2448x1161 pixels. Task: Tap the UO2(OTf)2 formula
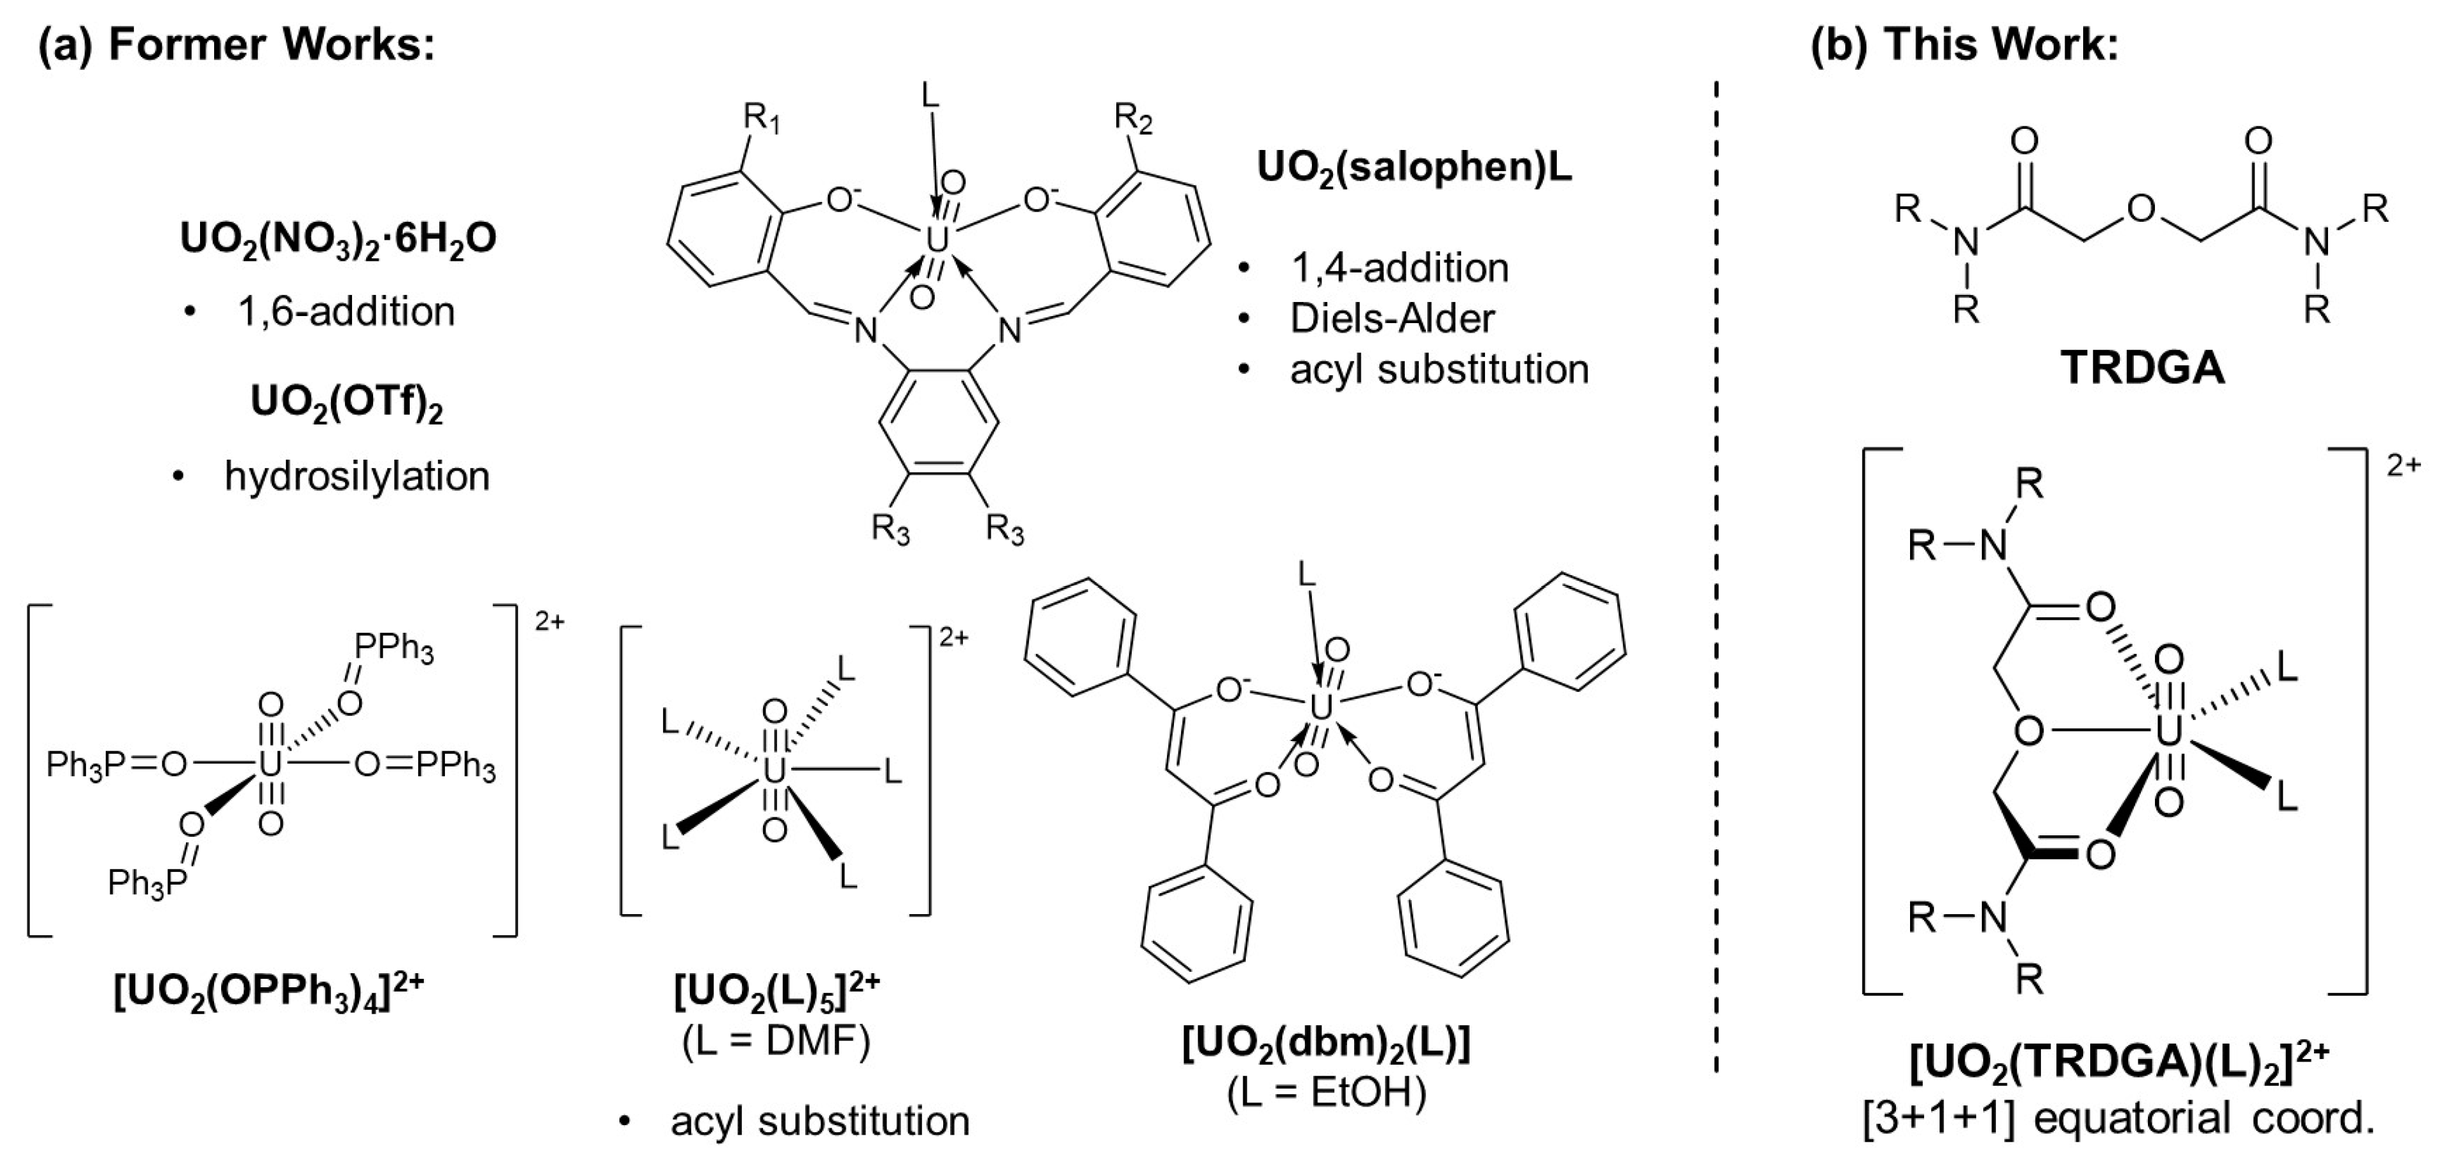[347, 403]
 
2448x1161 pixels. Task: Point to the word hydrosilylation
[356, 476]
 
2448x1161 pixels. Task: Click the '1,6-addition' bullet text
[346, 312]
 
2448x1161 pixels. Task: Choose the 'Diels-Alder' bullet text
[1392, 318]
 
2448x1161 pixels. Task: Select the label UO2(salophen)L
[1414, 168]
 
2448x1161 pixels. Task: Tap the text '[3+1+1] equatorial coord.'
[2117, 1118]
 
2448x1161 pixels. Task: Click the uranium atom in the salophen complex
[937, 241]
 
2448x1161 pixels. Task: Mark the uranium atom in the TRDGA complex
[2168, 731]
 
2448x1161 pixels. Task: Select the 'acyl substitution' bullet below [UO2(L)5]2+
[819, 1121]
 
